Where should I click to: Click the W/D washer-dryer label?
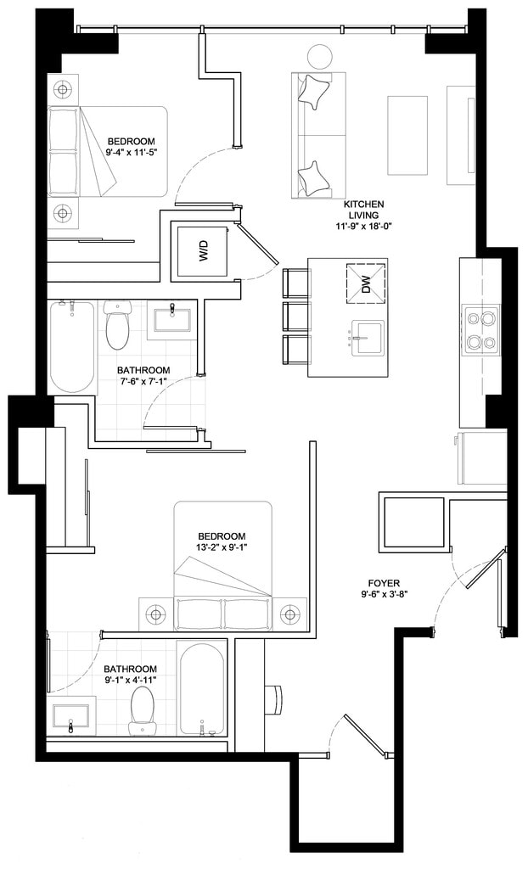pos(203,250)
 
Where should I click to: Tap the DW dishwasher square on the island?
pos(366,283)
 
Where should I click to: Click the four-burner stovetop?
pos(481,333)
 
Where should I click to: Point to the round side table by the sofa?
pos(320,57)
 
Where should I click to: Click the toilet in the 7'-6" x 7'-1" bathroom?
pos(117,325)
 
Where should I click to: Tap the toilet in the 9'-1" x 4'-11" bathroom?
pos(141,711)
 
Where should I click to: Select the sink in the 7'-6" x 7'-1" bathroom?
pos(172,320)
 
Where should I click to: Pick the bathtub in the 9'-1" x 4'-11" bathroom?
pos(202,689)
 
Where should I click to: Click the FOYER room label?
pos(384,583)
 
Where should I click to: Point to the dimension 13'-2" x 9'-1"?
pos(222,547)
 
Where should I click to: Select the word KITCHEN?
pos(363,205)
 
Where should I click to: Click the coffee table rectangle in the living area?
pos(407,136)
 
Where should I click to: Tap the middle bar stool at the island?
pos(295,317)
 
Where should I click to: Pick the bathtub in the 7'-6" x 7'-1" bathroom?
pos(71,347)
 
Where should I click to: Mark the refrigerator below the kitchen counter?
pos(480,457)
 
